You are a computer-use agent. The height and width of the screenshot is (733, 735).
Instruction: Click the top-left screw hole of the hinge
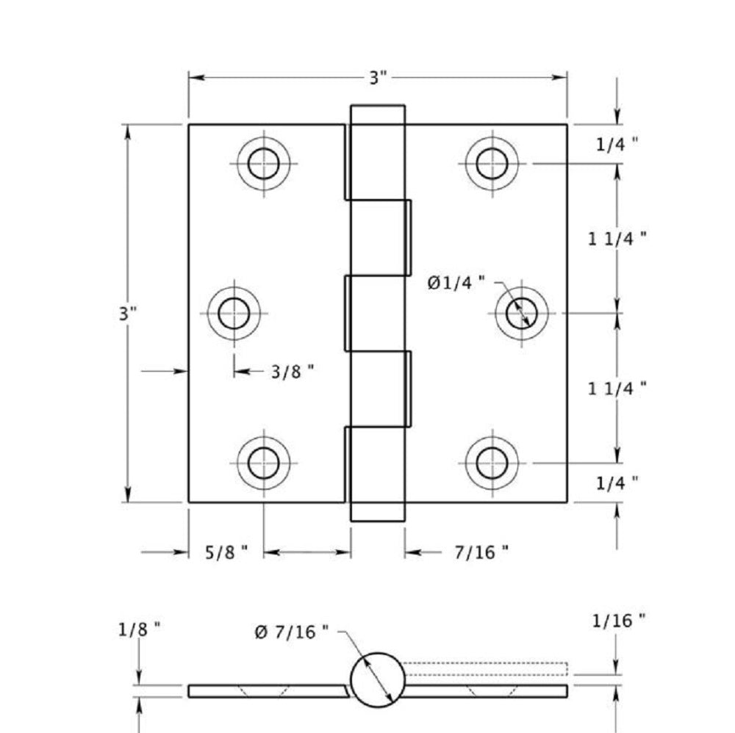tap(263, 163)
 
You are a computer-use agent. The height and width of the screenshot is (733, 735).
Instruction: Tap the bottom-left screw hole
tap(263, 463)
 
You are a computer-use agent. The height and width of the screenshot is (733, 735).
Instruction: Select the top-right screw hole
tap(491, 163)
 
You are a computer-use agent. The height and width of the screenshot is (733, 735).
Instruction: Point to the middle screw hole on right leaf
tap(521, 313)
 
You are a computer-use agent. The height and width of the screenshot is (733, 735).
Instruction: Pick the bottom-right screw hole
tap(491, 463)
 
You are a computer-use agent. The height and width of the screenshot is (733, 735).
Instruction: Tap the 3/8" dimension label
tap(292, 372)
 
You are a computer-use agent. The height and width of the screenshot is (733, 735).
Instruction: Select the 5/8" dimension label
tap(225, 552)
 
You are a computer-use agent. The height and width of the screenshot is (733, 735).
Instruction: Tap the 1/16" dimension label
tap(618, 621)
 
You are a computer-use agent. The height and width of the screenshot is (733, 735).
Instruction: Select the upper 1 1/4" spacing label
tap(617, 237)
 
